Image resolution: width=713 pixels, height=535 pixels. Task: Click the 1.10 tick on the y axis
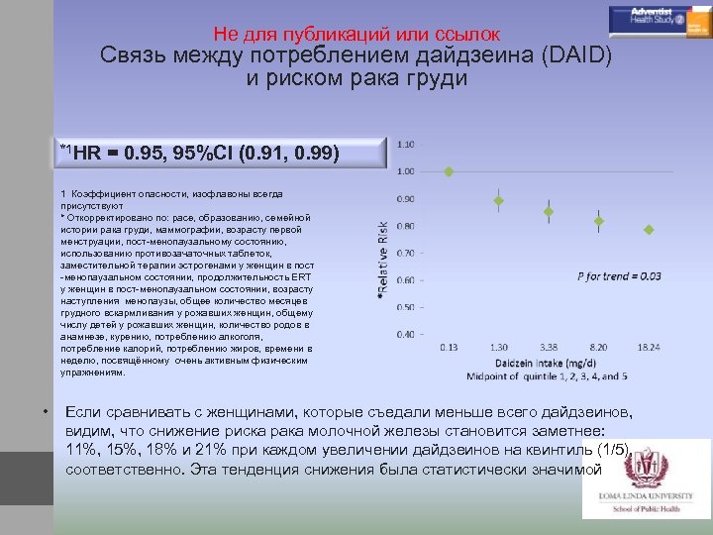pyautogui.click(x=406, y=144)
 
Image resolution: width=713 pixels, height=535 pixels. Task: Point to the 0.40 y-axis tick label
pyautogui.click(x=406, y=334)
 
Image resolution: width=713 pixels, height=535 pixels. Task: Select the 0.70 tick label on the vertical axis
pyautogui.click(x=406, y=253)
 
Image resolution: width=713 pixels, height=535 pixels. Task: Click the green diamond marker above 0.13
pyautogui.click(x=449, y=171)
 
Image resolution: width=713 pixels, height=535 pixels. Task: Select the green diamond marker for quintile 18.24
pyautogui.click(x=649, y=230)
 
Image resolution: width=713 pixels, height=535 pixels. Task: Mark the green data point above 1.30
pyautogui.click(x=499, y=201)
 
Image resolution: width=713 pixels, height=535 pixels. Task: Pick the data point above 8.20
pyautogui.click(x=599, y=222)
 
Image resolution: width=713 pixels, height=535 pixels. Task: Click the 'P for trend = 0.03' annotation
pyautogui.click(x=620, y=276)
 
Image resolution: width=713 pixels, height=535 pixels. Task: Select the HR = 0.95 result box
pyautogui.click(x=220, y=154)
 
